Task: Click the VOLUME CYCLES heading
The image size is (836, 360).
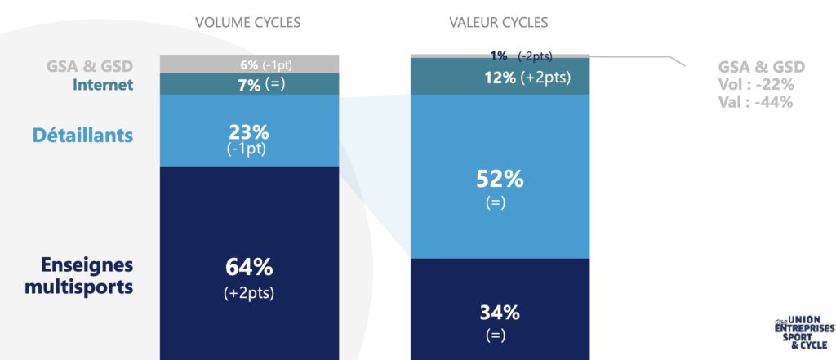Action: point(248,22)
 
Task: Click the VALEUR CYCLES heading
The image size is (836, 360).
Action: point(498,22)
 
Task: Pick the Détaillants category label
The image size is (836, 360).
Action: point(82,135)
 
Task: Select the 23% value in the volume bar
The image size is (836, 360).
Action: point(248,132)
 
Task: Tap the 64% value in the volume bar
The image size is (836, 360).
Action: point(248,268)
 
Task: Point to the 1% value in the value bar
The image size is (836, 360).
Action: point(499,56)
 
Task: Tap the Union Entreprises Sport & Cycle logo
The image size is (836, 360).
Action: point(804,331)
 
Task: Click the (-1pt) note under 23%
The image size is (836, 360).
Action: point(248,149)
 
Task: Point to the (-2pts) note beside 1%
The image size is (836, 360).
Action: point(535,56)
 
